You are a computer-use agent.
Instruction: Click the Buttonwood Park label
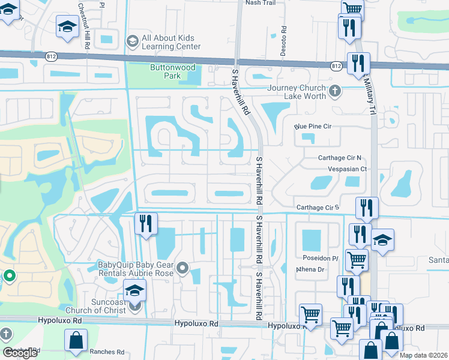[x=173, y=72]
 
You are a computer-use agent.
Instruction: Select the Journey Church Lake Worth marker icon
[x=336, y=92]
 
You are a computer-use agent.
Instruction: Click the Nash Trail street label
[x=259, y=2]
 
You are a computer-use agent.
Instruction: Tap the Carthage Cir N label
[x=340, y=158]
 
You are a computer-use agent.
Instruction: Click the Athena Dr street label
[x=310, y=270]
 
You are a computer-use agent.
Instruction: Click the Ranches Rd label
[x=106, y=352]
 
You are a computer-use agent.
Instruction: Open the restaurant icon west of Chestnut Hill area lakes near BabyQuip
[x=146, y=224]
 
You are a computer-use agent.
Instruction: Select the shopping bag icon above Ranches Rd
[x=76, y=341]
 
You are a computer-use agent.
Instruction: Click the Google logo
[x=20, y=353]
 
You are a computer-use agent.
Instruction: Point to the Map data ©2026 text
[x=423, y=355]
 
